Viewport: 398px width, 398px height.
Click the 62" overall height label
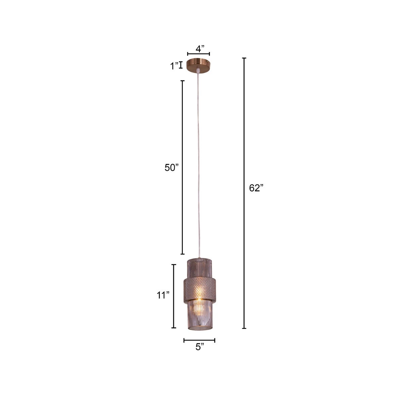pyautogui.click(x=256, y=188)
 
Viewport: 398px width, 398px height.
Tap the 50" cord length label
pyautogui.click(x=171, y=167)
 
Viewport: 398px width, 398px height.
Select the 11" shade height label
pyautogui.click(x=163, y=295)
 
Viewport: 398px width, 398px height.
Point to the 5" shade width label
pyautogui.click(x=199, y=347)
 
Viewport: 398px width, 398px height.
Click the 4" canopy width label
pyautogui.click(x=199, y=49)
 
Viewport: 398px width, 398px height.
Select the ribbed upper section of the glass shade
pyautogui.click(x=199, y=268)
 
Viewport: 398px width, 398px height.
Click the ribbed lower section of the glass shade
pyautogui.click(x=199, y=315)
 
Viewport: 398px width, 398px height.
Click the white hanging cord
pyautogui.click(x=198, y=166)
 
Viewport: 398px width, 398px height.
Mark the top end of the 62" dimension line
pyautogui.click(x=244, y=58)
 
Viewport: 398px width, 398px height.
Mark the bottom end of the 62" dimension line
pyautogui.click(x=244, y=328)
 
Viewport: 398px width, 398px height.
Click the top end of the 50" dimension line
pyautogui.click(x=182, y=81)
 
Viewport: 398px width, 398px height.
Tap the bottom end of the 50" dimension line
pyautogui.click(x=182, y=254)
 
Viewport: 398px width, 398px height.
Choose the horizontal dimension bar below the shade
pyautogui.click(x=199, y=340)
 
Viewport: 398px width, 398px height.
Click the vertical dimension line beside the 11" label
pyautogui.click(x=173, y=296)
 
